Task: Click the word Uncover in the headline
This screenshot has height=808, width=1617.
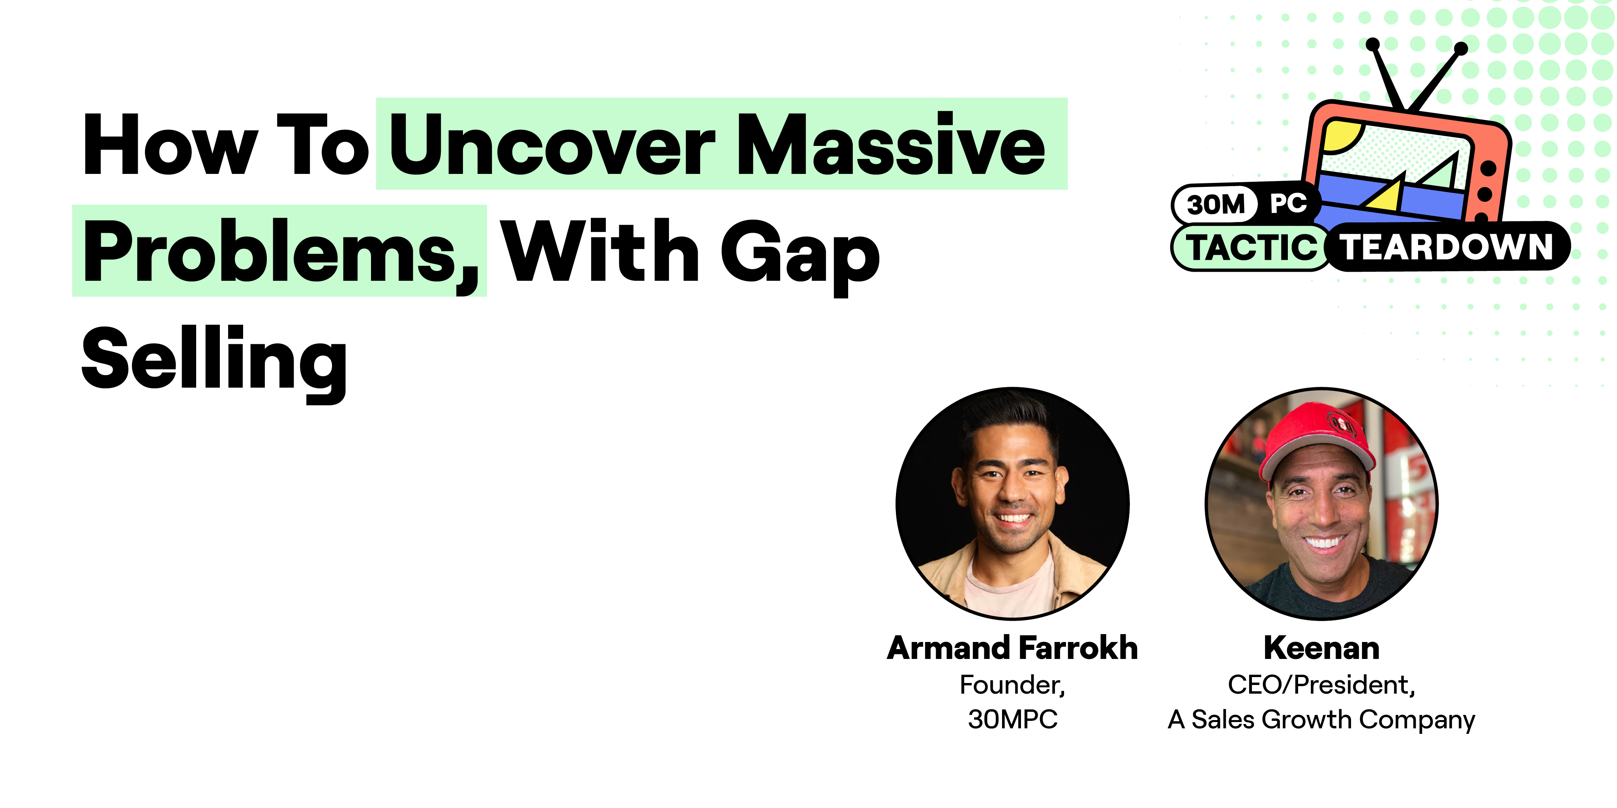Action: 553,146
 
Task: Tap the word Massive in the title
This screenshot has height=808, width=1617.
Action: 891,146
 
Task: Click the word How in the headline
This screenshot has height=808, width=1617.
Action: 169,146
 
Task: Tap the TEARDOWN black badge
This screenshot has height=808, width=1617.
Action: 1447,246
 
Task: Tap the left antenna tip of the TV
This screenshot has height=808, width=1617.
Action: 1373,44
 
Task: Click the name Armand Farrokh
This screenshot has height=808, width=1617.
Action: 1012,648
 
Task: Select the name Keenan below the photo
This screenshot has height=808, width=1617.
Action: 1321,648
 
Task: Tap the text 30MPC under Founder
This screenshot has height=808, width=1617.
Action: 1012,719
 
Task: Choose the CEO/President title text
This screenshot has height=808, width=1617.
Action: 1321,685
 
